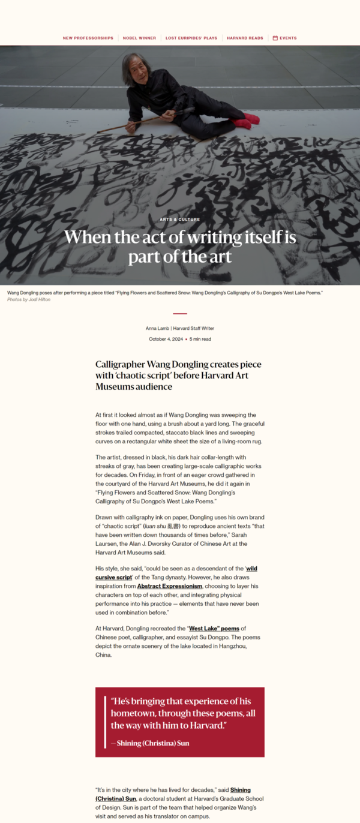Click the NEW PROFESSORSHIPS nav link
88,38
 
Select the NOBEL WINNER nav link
139,38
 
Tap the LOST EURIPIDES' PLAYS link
191,38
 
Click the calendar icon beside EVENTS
275,38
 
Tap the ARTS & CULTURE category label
180,220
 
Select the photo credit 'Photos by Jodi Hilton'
29,299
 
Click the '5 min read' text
200,339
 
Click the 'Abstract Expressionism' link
169,585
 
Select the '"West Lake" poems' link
214,629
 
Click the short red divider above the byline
180,314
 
